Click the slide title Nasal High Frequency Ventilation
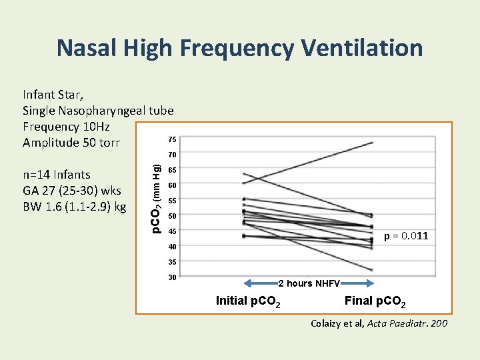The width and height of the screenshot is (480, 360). point(239,48)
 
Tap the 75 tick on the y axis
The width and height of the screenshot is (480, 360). point(172,139)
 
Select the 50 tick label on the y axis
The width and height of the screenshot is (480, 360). point(172,216)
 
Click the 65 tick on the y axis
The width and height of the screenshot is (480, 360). point(172,170)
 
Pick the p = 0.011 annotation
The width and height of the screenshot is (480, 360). point(406,237)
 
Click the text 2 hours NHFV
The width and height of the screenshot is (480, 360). point(309,283)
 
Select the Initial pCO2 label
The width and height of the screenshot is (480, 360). point(248,301)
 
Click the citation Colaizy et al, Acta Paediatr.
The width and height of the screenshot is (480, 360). point(379,323)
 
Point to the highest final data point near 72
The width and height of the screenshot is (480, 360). point(372,143)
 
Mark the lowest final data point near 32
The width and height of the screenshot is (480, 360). point(372,270)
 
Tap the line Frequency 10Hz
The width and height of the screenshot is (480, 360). point(66,127)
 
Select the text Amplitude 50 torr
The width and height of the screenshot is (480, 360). point(71,143)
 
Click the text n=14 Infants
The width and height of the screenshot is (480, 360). point(57,175)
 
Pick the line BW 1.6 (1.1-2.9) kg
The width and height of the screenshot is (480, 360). point(74,207)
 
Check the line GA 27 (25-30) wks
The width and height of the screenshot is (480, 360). point(72,191)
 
